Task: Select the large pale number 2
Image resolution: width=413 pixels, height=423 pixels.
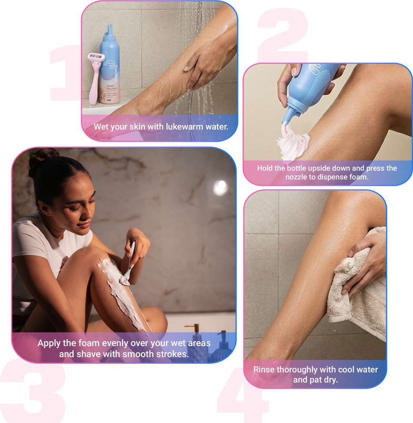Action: (283, 35)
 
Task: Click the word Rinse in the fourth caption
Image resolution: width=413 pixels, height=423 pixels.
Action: (264, 369)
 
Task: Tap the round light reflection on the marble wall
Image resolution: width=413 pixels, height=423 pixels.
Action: (220, 188)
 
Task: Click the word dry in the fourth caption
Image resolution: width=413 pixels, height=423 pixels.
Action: (330, 380)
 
